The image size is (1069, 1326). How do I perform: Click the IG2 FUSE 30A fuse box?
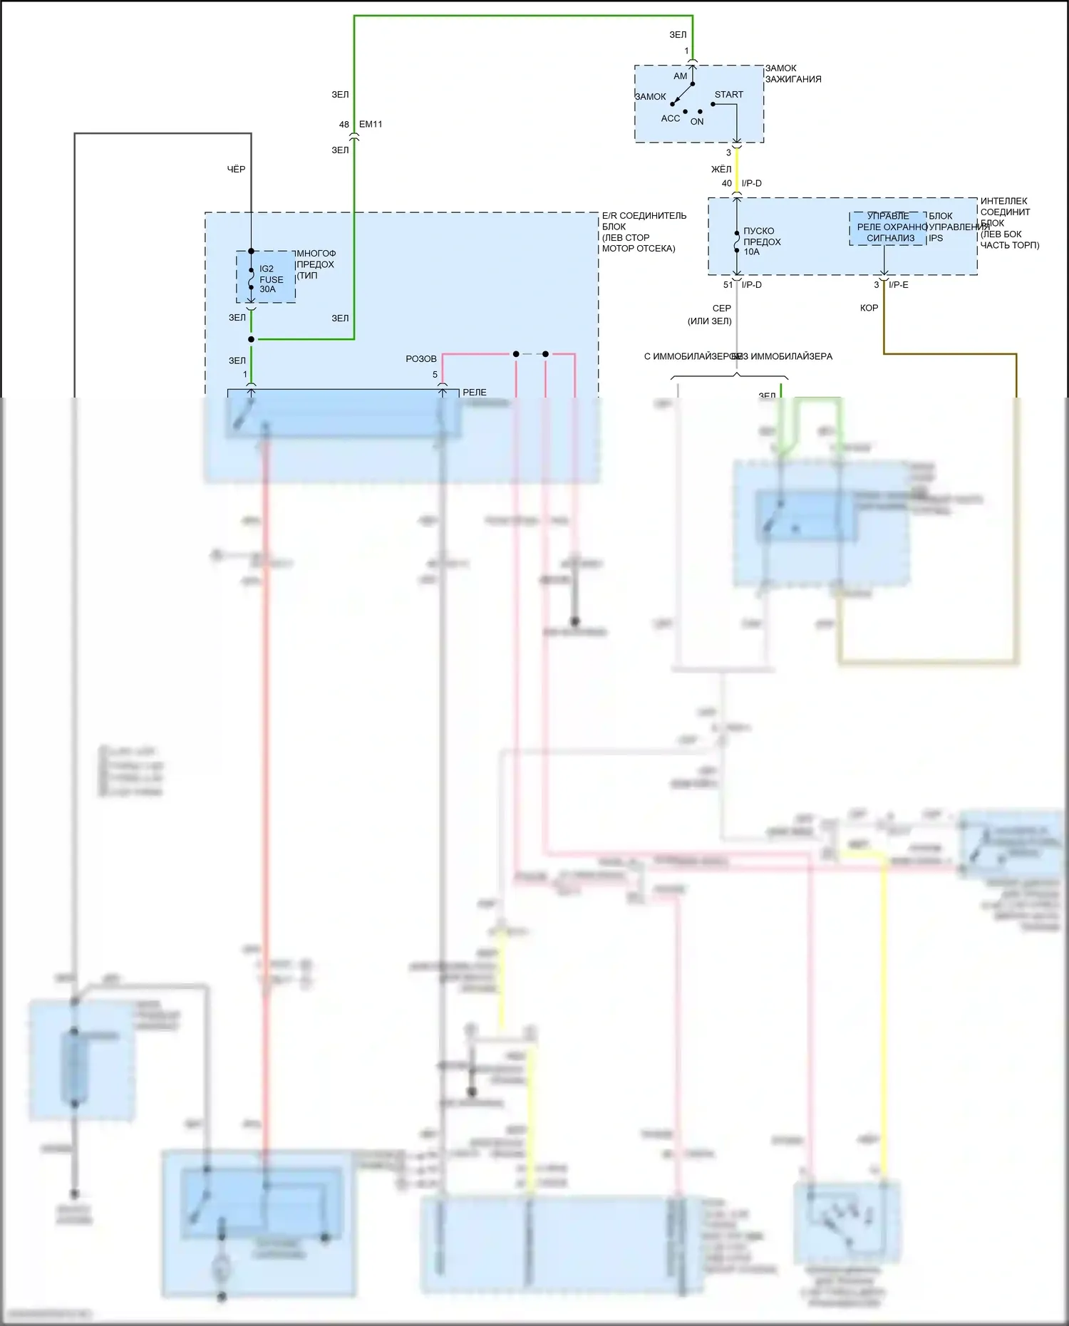(266, 277)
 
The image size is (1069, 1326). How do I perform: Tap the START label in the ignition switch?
(728, 95)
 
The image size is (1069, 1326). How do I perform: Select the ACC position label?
(670, 119)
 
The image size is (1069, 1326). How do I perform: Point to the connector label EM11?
(371, 125)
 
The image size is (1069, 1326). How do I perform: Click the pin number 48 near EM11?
(344, 125)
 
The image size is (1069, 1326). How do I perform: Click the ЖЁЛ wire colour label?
(721, 170)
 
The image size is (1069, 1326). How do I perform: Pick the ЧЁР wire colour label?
(236, 170)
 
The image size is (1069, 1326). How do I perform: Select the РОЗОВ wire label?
(421, 359)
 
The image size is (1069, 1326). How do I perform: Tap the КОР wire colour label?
(869, 309)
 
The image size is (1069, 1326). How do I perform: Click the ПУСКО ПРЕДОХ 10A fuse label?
(762, 242)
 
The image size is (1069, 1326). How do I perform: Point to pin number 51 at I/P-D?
(728, 285)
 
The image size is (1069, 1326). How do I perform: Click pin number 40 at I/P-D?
(726, 184)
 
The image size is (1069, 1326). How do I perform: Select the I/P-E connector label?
(898, 285)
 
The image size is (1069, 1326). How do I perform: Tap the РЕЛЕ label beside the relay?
(475, 393)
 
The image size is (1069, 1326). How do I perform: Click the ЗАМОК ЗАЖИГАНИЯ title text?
(793, 74)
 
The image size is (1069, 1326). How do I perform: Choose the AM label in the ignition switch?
(681, 76)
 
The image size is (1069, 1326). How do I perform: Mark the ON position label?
(697, 122)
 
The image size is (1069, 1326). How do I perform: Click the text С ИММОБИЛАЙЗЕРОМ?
(691, 356)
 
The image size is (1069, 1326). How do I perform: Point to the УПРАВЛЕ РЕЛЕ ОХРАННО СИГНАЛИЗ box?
(888, 227)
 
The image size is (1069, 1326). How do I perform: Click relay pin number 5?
(435, 375)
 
